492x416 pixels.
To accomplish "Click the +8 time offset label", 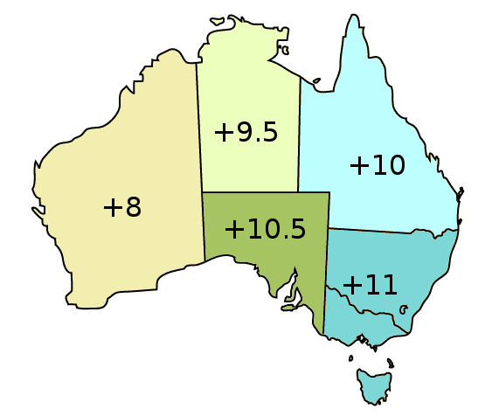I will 121,207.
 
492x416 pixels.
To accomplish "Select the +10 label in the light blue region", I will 377,165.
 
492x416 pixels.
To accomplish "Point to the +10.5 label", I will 265,229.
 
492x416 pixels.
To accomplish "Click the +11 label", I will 370,285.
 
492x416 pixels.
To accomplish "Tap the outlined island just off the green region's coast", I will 288,305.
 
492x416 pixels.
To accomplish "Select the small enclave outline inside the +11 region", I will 403,308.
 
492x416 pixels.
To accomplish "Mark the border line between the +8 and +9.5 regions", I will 200,131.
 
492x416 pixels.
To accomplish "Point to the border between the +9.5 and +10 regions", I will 300,131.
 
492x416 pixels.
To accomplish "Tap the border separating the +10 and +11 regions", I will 393,232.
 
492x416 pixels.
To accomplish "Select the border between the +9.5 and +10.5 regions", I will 253,191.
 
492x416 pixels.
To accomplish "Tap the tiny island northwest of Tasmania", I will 350,359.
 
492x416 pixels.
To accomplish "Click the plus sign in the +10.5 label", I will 234,230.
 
